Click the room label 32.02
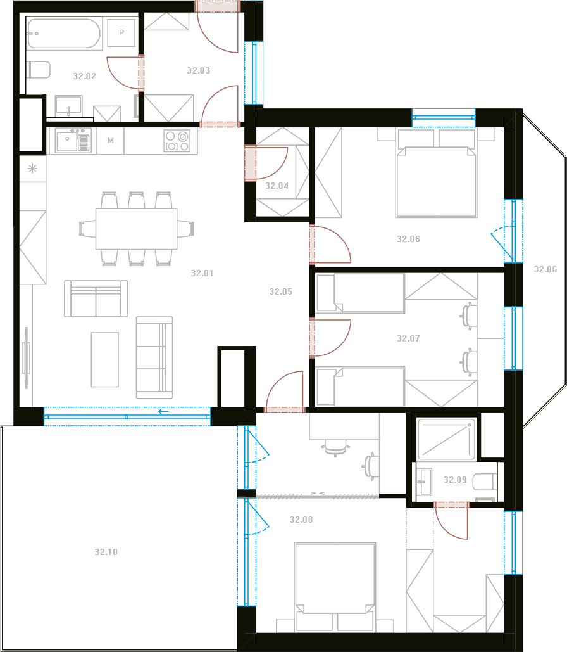pos(85,76)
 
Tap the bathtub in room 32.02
pos(64,33)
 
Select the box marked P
pos(121,32)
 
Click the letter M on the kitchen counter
pos(111,141)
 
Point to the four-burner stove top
pos(177,141)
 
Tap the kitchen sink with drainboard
pos(73,141)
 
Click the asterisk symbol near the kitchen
pos(32,169)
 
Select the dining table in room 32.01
pos(137,229)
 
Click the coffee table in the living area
pos(105,360)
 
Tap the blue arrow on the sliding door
pos(163,412)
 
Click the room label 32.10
pos(106,553)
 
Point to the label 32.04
pos(277,186)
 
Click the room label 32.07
pos(408,338)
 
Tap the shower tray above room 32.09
pos(447,438)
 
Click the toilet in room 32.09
pos(485,482)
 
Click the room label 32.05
pos(281,292)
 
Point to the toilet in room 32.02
pos(39,70)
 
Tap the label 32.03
pos(199,71)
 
